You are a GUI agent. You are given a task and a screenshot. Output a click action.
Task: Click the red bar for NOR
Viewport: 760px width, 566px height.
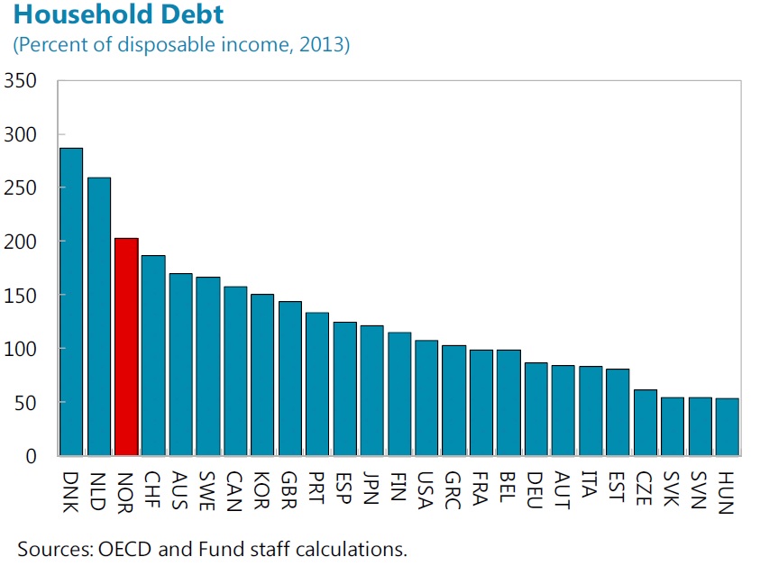pyautogui.click(x=126, y=347)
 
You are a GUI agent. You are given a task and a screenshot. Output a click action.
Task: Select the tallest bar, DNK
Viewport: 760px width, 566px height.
pyautogui.click(x=71, y=302)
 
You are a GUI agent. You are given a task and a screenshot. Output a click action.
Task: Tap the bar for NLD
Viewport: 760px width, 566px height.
pyautogui.click(x=99, y=315)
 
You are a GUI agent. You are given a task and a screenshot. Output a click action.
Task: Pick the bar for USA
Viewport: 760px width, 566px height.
pyautogui.click(x=426, y=397)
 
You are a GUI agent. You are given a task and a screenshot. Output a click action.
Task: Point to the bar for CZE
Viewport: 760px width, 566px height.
pyautogui.click(x=645, y=423)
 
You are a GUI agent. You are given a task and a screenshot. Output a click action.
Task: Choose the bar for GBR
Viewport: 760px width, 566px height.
pyautogui.click(x=289, y=379)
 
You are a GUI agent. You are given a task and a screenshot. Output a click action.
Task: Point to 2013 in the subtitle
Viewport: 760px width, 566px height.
pyautogui.click(x=325, y=44)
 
